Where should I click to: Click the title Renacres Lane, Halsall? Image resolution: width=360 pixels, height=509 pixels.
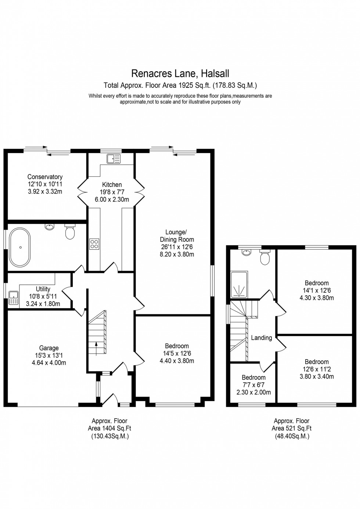click(180, 73)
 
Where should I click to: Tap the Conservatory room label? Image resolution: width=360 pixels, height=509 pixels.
click(45, 177)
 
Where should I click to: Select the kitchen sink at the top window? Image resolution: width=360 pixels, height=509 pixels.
click(114, 159)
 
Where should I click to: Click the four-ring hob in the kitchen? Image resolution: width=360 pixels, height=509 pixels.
click(94, 244)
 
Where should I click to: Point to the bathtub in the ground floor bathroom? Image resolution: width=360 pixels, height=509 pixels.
click(20, 247)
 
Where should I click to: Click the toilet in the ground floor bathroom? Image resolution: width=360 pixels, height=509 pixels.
click(70, 231)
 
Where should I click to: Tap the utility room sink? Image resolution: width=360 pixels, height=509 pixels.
click(14, 297)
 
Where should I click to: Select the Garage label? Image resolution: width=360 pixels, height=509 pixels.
click(49, 348)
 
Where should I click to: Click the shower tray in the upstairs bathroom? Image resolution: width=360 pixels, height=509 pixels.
click(239, 284)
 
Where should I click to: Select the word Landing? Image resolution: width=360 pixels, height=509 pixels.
click(262, 338)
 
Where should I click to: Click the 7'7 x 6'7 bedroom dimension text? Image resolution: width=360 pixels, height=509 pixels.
click(253, 385)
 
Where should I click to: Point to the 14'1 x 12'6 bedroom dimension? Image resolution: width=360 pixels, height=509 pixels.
click(317, 290)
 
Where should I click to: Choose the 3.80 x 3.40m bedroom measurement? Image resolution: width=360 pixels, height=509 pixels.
click(317, 376)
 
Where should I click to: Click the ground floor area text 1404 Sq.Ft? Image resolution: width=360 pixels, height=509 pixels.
click(109, 428)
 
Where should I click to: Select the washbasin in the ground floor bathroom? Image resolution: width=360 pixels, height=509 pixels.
click(50, 227)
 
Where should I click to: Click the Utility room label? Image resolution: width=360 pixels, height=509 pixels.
click(43, 289)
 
